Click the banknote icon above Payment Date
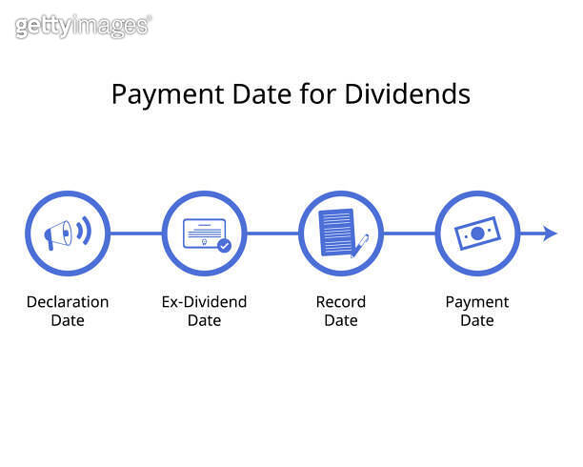click(x=477, y=233)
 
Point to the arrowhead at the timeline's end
click(x=550, y=233)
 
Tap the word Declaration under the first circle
click(x=67, y=302)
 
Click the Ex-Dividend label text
click(x=204, y=302)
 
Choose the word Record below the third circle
click(x=340, y=302)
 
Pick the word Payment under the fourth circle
click(x=477, y=302)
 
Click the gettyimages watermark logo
click(x=83, y=27)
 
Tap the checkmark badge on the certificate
click(x=224, y=245)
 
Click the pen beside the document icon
click(x=360, y=245)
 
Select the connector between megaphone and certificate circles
click(x=135, y=233)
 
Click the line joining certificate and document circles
click(x=272, y=233)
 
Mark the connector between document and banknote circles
click(x=410, y=233)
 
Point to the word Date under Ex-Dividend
click(x=204, y=320)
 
